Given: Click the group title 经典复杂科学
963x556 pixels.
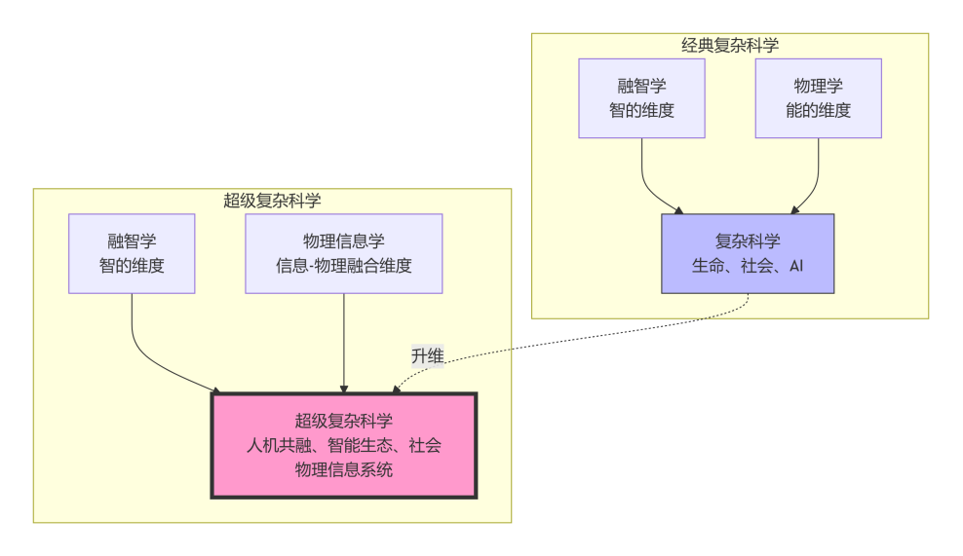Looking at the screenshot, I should (x=729, y=45).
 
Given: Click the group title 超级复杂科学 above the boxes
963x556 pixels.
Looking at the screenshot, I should (x=272, y=201).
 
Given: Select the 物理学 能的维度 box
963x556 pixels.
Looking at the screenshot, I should (x=818, y=97).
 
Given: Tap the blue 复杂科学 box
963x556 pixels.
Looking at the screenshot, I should (x=748, y=253).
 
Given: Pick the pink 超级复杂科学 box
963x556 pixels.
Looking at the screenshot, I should (x=344, y=445).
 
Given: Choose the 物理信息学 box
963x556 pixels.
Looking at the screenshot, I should (x=343, y=253).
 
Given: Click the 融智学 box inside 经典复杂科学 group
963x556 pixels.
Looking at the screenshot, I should (x=641, y=97).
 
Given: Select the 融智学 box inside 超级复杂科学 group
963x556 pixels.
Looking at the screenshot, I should (x=132, y=253).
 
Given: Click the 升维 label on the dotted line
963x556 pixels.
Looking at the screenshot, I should (x=427, y=356).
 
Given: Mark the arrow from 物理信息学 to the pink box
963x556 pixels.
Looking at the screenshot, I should (x=344, y=341).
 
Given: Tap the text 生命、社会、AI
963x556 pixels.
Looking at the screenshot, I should (x=748, y=265).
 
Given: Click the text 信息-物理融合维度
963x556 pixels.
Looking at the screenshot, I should (x=343, y=265).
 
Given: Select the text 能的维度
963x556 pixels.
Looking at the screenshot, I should (x=818, y=110).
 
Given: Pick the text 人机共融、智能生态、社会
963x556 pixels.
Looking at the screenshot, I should (x=344, y=446).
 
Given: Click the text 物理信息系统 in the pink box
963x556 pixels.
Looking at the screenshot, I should (x=344, y=470).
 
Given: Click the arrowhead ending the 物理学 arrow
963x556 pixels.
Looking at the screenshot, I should (x=794, y=208).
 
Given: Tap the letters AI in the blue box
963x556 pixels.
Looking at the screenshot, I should (x=795, y=265).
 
